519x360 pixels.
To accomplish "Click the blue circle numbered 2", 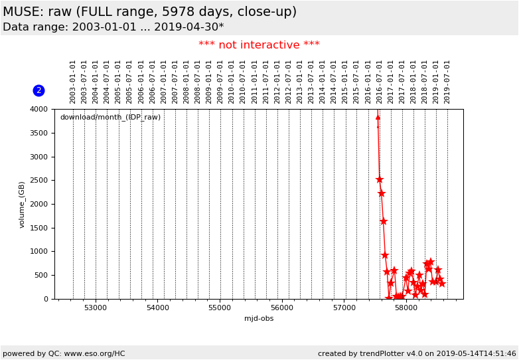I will click(x=38, y=90).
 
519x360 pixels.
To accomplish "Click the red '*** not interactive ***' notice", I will click(x=259, y=45).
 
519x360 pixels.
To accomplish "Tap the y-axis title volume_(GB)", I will click(x=22, y=204).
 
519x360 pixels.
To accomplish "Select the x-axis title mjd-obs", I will click(x=259, y=318).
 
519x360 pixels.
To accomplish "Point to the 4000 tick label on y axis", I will click(x=39, y=110).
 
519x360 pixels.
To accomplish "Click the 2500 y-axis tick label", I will click(x=39, y=181).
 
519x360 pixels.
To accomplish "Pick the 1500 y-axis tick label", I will click(x=39, y=228).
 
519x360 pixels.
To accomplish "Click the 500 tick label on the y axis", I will click(x=41, y=276).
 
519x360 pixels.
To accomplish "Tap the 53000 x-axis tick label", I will click(x=96, y=308).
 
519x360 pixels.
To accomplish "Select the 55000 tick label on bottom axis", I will click(x=220, y=308).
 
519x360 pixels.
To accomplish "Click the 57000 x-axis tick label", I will click(x=344, y=308).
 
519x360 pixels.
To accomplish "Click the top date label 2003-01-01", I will click(x=73, y=81).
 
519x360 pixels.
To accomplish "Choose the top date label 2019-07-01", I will click(x=447, y=81).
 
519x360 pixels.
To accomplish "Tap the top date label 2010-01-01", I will click(x=232, y=81).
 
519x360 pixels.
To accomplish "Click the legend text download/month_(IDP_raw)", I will click(x=110, y=118).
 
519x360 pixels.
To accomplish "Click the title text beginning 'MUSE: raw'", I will click(x=149, y=12).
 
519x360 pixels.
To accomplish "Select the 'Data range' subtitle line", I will click(x=113, y=27).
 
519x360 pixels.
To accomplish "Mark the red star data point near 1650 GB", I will click(x=384, y=221).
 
